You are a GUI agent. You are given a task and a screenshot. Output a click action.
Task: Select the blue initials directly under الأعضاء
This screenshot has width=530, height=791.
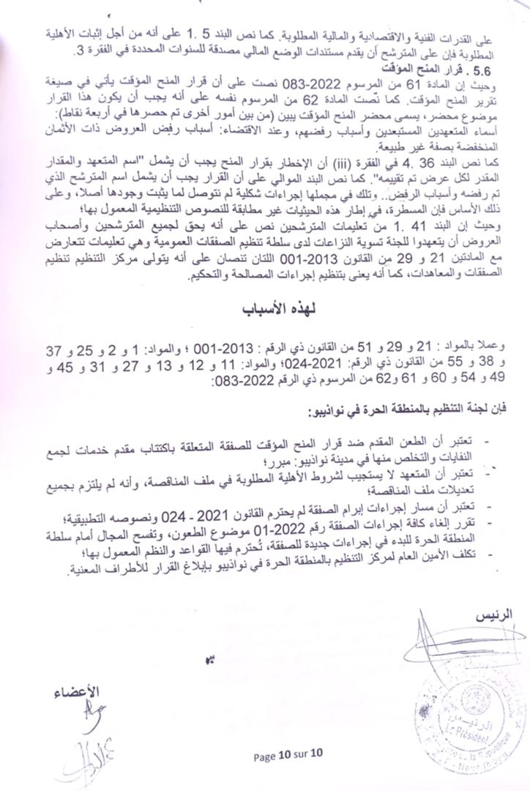tap(89, 712)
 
